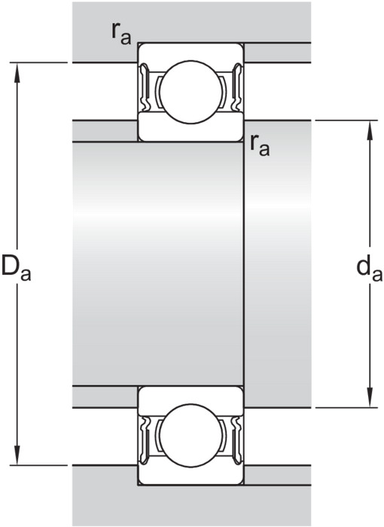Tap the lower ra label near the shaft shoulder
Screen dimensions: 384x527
coord(260,146)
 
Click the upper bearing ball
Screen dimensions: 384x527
coord(191,92)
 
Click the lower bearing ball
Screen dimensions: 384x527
coord(191,435)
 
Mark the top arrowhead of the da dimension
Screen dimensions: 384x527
coord(370,130)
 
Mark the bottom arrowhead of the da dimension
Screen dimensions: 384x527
coord(370,398)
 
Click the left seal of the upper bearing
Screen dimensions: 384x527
coord(145,87)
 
